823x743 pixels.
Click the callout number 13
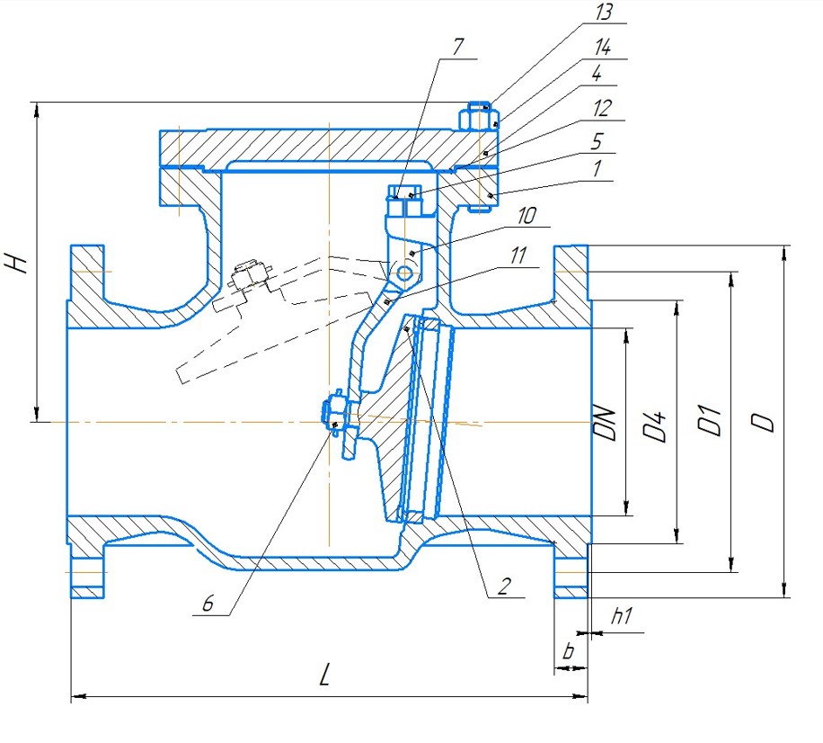(x=604, y=12)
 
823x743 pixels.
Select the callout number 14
(x=603, y=48)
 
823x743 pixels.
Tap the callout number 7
(x=457, y=47)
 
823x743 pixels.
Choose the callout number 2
(x=504, y=586)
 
